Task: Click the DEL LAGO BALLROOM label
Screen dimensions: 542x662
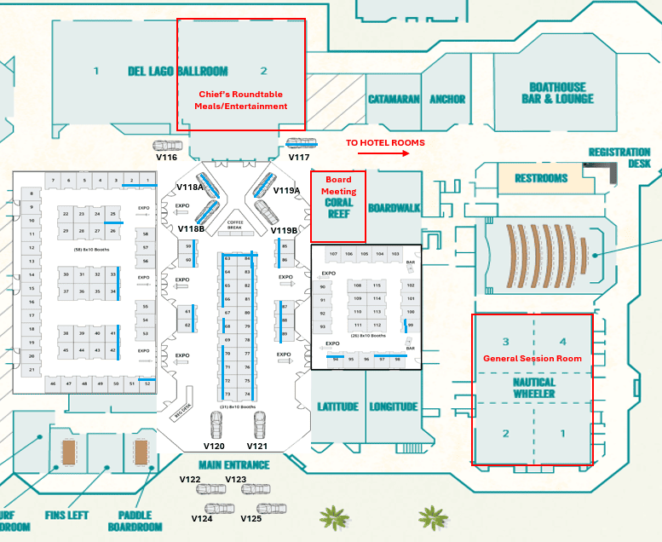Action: (x=177, y=72)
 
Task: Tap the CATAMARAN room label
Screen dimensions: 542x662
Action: (x=394, y=100)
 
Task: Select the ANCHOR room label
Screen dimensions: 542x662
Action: (x=447, y=100)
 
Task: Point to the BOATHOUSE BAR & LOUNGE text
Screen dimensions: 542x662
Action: (x=557, y=93)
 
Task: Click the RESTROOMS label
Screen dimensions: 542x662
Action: (x=541, y=178)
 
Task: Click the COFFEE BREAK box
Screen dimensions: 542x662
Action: (x=235, y=224)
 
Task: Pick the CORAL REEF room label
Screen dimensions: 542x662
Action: (x=339, y=209)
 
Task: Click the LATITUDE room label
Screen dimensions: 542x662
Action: (x=337, y=407)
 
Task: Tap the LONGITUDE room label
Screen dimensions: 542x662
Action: (x=394, y=407)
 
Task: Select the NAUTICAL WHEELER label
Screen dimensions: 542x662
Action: (x=533, y=389)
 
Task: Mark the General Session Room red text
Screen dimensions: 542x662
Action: (x=532, y=359)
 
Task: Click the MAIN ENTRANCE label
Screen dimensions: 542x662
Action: (x=234, y=465)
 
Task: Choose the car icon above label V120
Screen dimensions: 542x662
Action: (x=216, y=424)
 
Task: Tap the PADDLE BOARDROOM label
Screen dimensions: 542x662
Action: (x=135, y=521)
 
